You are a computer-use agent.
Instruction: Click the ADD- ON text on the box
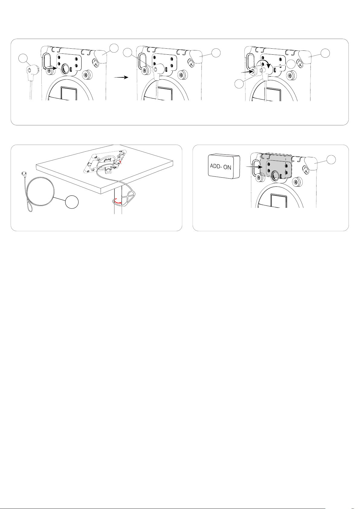coord(220,167)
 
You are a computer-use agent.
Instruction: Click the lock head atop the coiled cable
coord(23,173)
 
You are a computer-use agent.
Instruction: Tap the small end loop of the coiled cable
coord(30,208)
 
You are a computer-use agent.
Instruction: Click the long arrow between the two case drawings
coord(121,77)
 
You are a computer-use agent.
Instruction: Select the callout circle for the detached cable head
coord(22,58)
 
